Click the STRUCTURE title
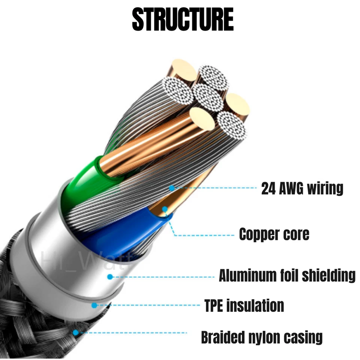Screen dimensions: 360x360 click(x=183, y=19)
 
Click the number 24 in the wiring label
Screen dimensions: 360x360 click(x=268, y=189)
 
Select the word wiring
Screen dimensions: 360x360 click(x=325, y=189)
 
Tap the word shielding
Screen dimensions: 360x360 click(x=329, y=276)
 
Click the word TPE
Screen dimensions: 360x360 click(x=213, y=305)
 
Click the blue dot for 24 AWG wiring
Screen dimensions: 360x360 click(x=172, y=188)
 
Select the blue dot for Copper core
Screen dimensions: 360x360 click(x=165, y=209)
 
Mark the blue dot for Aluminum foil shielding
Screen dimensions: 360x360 click(x=110, y=277)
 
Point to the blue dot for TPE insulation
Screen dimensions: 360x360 click(x=94, y=305)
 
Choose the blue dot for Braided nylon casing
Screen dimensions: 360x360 click(x=75, y=333)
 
